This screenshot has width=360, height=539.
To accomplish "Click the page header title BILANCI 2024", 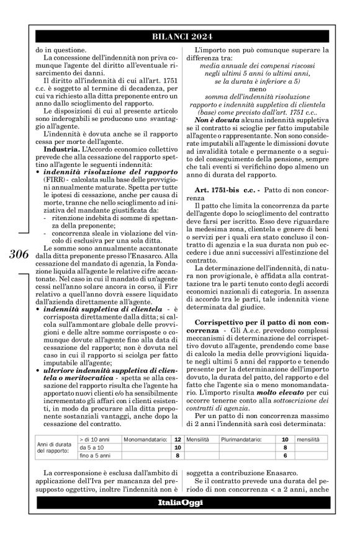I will pos(179,35).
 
